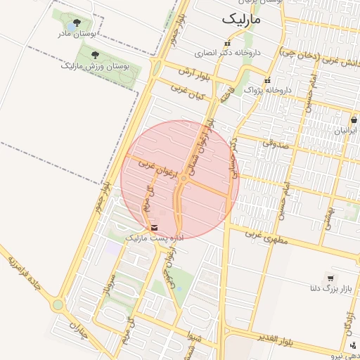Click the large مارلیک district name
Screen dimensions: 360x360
pyautogui.click(x=241, y=20)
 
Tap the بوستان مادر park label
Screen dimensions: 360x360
pyautogui.click(x=78, y=33)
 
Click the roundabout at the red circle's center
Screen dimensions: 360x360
pyautogui.click(x=183, y=180)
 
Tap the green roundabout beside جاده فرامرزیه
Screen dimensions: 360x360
pyautogui.click(x=57, y=306)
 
